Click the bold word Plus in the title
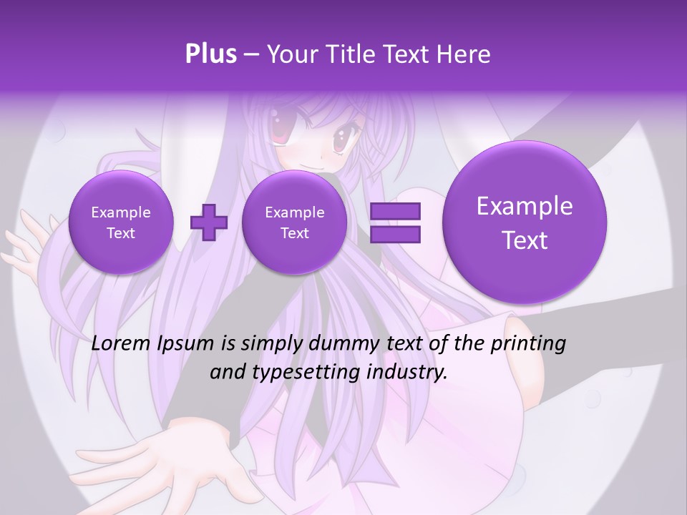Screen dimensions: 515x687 (211, 54)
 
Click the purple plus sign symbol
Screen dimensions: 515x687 (208, 222)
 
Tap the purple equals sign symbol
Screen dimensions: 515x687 (395, 222)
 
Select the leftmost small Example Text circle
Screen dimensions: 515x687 (121, 222)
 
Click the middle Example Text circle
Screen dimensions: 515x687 (294, 222)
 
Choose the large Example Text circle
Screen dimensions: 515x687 (525, 222)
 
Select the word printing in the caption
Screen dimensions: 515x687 (527, 344)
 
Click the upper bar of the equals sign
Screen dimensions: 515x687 (395, 211)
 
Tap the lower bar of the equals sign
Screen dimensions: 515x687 (395, 234)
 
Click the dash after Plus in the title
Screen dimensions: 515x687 (250, 54)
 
